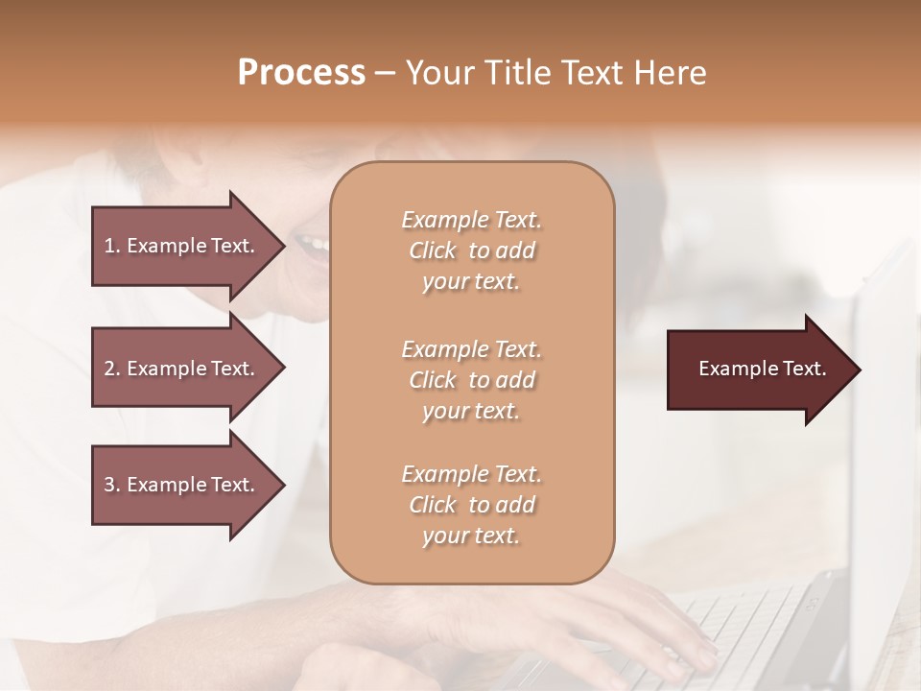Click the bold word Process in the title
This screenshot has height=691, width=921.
click(301, 73)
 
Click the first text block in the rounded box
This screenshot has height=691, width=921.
click(471, 250)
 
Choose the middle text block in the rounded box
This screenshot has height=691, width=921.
click(471, 380)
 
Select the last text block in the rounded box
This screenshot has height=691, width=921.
click(471, 505)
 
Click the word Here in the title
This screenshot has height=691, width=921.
click(671, 73)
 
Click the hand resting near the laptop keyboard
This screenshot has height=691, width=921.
click(652, 624)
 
